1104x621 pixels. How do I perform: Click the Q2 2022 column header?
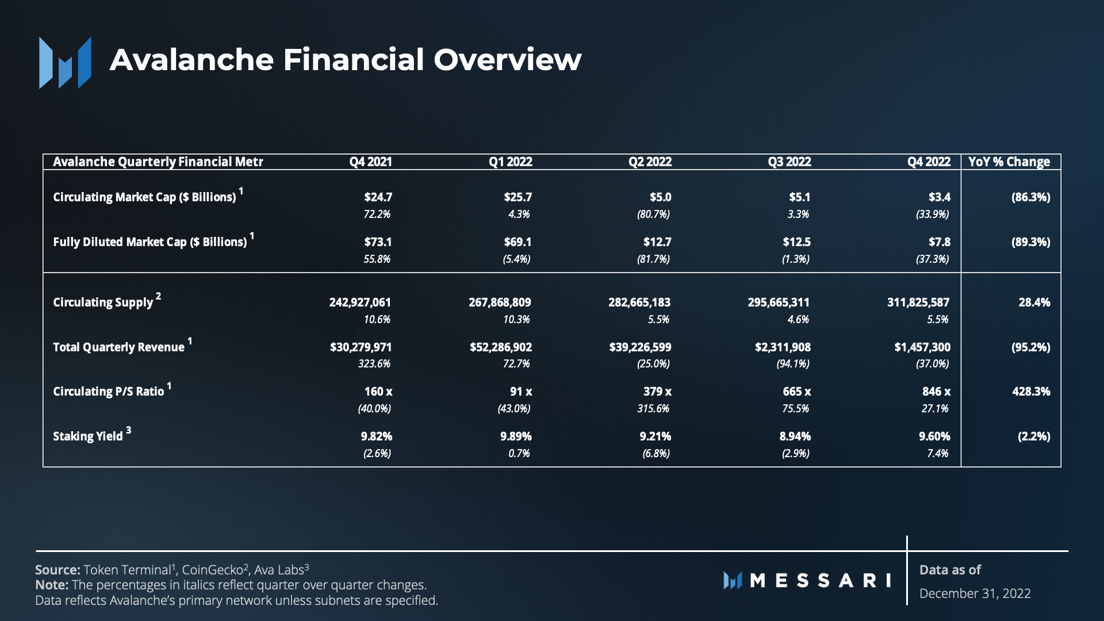click(650, 162)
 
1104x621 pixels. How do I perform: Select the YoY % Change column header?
click(1009, 162)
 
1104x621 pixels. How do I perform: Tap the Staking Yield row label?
click(88, 436)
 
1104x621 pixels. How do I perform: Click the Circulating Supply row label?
click(103, 302)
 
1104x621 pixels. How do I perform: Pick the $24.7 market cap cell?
click(378, 197)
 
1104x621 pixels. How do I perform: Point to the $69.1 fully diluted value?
click(517, 242)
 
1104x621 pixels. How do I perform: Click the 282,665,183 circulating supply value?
click(639, 302)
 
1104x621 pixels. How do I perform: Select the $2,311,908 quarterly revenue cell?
click(783, 347)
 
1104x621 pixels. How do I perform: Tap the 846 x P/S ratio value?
click(936, 392)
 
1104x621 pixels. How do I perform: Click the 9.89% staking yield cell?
click(516, 436)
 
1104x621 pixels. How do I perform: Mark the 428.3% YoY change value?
click(1031, 392)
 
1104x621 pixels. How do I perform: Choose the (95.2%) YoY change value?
click(1030, 347)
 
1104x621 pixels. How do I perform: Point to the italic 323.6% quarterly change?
click(374, 364)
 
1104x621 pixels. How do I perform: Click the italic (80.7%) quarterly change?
click(653, 214)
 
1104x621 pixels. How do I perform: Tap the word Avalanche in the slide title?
click(191, 60)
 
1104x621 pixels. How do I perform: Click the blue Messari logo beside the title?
click(65, 63)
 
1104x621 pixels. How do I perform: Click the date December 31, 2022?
click(975, 593)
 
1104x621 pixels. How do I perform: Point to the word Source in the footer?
click(57, 570)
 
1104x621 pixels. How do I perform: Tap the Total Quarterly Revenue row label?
click(118, 347)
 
